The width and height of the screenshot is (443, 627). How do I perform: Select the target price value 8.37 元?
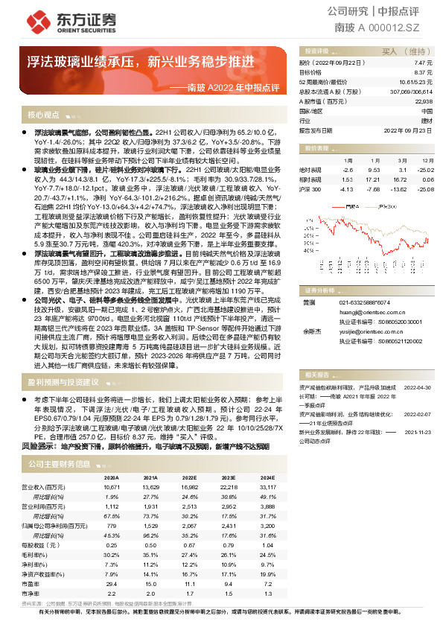(422, 72)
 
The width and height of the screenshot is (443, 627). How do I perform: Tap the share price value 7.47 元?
(422, 64)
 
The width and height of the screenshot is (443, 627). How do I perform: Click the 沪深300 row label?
(310, 189)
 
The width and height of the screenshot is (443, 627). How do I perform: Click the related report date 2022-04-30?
(417, 388)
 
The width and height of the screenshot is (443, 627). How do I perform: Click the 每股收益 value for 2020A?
(112, 545)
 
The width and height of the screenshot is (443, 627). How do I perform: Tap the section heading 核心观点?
(43, 115)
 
